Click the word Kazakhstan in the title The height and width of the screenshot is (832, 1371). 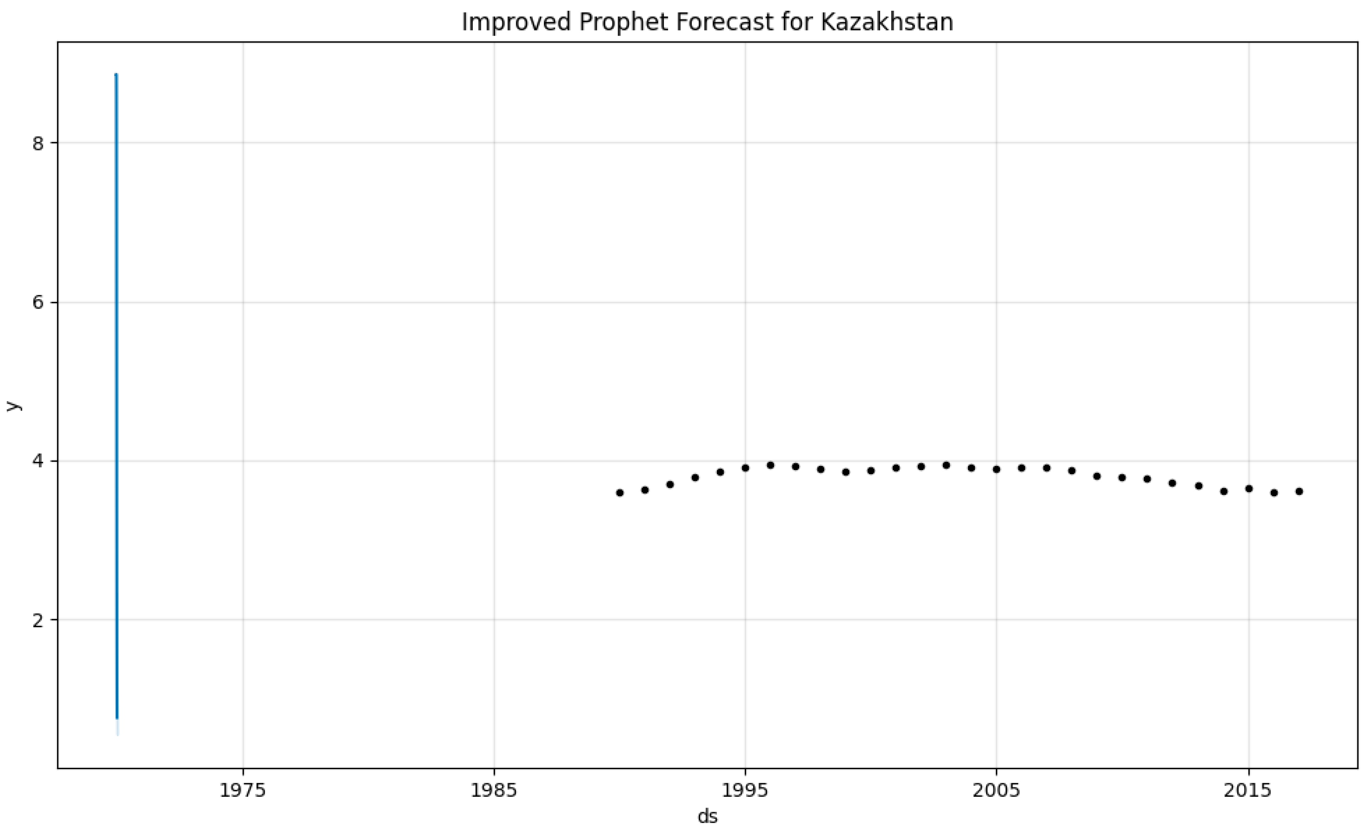click(887, 22)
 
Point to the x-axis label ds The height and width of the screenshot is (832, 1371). click(707, 816)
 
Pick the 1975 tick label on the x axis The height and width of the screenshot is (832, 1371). click(242, 790)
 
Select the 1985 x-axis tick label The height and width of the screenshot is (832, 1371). click(494, 790)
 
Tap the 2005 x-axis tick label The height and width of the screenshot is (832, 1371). click(996, 790)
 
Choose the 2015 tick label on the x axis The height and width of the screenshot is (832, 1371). click(1248, 790)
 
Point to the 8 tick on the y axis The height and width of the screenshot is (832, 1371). click(38, 144)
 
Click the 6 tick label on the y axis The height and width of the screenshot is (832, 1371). click(38, 303)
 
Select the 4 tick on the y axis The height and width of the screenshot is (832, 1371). click(38, 461)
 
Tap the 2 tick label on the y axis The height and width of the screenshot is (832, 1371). click(38, 620)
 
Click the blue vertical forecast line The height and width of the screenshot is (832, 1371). click(116, 390)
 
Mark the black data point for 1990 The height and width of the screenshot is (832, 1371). click(620, 492)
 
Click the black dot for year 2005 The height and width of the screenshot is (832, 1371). click(996, 469)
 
